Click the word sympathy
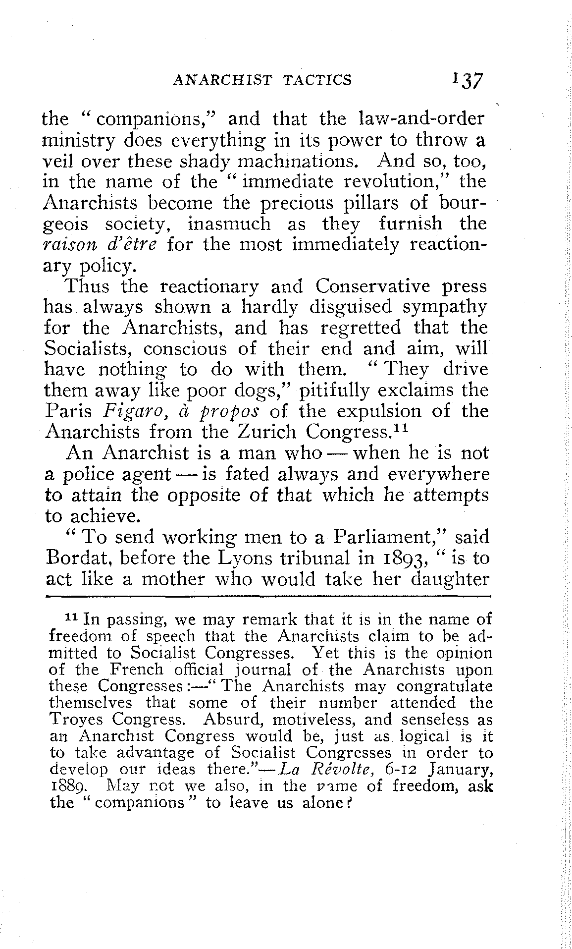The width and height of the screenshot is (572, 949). click(444, 307)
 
